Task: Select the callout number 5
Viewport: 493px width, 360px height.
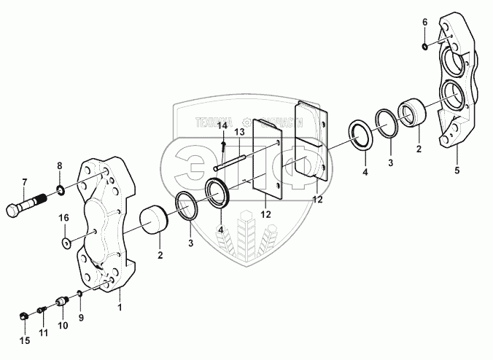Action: [457, 171]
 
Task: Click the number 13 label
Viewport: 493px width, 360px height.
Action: [238, 133]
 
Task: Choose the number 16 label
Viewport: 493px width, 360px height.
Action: [64, 218]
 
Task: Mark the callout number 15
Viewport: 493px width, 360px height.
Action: [24, 340]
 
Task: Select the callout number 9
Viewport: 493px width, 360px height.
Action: [81, 318]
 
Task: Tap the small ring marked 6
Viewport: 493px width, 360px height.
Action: [424, 47]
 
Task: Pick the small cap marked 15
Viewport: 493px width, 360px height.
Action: [23, 316]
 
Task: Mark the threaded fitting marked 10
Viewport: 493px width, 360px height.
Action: [62, 301]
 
